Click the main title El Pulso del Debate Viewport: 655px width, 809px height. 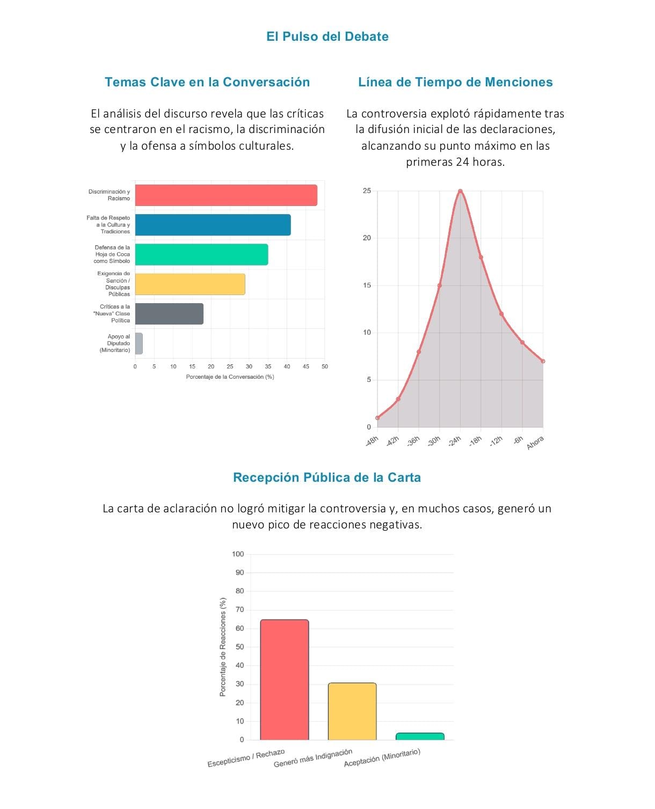327,36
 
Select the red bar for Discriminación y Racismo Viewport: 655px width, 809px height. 226,195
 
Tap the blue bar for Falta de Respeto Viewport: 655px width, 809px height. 213,225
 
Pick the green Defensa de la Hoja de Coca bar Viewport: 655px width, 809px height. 201,254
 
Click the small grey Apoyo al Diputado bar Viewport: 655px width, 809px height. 139,343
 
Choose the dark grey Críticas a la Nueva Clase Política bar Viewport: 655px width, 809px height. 169,314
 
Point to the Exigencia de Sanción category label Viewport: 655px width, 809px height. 114,284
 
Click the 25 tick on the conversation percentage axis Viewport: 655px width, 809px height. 230,366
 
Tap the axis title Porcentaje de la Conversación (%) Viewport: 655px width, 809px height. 230,377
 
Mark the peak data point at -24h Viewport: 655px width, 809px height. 460,191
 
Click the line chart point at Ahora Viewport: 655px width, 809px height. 543,361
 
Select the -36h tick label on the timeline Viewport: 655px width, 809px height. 413,441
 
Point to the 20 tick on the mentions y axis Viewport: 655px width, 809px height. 367,238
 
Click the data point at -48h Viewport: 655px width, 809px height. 377,417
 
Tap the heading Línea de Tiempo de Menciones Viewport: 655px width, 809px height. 455,82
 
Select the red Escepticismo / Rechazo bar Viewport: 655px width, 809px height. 284,680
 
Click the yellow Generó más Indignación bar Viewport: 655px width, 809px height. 352,711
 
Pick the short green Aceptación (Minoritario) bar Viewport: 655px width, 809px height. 420,736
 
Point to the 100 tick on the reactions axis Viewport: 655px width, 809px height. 238,554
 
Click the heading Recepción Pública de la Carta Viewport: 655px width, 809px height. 327,477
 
